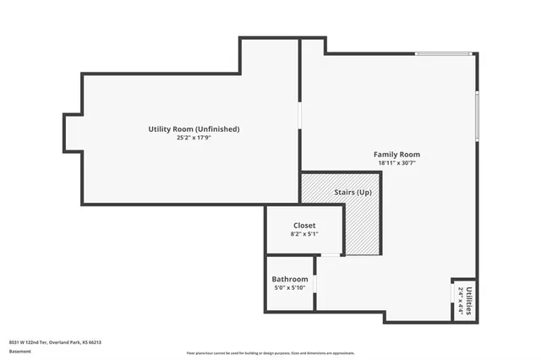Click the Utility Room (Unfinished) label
pyautogui.click(x=194, y=129)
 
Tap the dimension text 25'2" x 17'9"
pyautogui.click(x=194, y=138)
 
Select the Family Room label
pyautogui.click(x=396, y=155)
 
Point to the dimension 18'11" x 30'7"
pyautogui.click(x=396, y=163)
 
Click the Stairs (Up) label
pyautogui.click(x=352, y=194)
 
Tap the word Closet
pyautogui.click(x=304, y=226)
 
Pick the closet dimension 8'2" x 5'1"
pyautogui.click(x=304, y=234)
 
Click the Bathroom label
pyautogui.click(x=290, y=280)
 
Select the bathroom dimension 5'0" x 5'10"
pyautogui.click(x=290, y=288)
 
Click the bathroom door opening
pyautogui.click(x=314, y=283)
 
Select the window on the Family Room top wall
pyautogui.click(x=443, y=55)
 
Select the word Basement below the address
pyautogui.click(x=19, y=351)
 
